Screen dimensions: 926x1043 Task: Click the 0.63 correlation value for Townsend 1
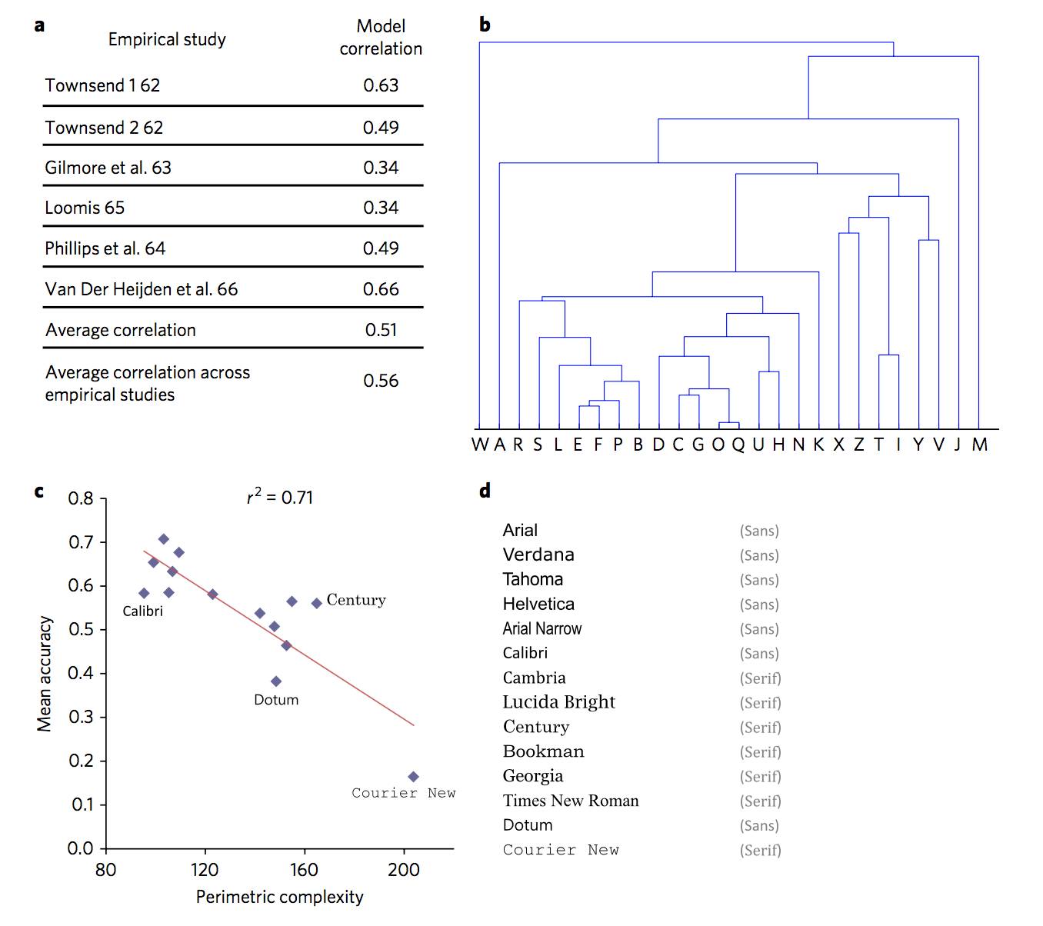click(x=381, y=85)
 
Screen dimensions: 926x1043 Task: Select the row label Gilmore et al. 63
click(x=108, y=168)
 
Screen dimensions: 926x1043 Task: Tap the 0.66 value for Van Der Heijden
click(x=381, y=289)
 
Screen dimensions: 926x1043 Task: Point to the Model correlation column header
click(x=381, y=38)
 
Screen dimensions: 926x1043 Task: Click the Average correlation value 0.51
click(x=381, y=330)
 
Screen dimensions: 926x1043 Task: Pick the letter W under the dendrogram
click(x=480, y=445)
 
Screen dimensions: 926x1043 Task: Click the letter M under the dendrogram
click(x=979, y=445)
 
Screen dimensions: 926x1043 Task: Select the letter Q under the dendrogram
click(x=738, y=445)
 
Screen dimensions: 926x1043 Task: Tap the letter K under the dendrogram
click(x=818, y=445)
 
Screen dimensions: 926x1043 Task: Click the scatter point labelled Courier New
click(x=413, y=777)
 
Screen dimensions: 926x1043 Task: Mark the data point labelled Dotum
click(x=276, y=681)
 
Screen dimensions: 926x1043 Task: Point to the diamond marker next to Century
click(x=316, y=603)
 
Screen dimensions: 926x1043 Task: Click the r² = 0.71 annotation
click(x=280, y=498)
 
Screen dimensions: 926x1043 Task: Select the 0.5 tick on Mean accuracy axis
click(x=81, y=629)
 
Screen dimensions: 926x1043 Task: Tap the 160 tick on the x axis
click(x=304, y=870)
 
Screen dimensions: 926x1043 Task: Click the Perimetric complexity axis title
click(x=279, y=897)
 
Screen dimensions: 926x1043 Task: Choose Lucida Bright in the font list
click(x=558, y=702)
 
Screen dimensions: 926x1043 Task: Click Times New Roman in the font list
click(x=570, y=801)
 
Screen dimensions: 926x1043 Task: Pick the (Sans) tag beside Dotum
click(x=759, y=825)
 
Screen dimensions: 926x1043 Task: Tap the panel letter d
click(x=485, y=491)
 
